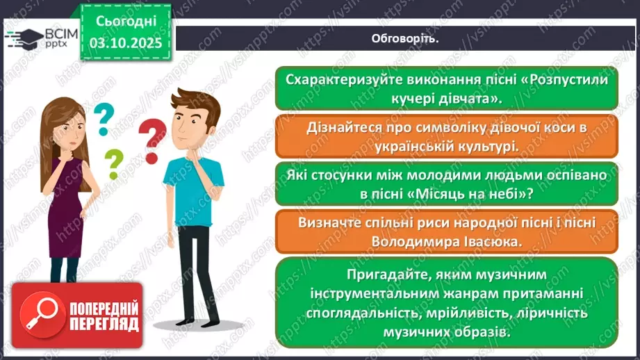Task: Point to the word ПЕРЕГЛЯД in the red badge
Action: click(x=104, y=324)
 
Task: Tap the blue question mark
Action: click(x=104, y=118)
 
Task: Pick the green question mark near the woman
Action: click(x=113, y=164)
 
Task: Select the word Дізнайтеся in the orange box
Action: click(x=342, y=128)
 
